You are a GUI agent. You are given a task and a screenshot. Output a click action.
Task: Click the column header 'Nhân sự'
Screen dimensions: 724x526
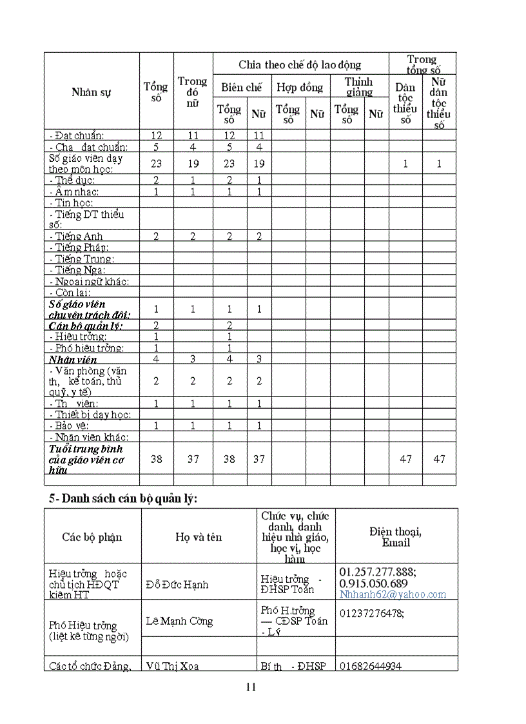(92, 92)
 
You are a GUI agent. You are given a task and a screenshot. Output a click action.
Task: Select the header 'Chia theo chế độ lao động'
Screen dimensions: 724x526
(300, 64)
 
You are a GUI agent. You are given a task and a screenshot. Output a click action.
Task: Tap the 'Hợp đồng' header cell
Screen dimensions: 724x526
(300, 87)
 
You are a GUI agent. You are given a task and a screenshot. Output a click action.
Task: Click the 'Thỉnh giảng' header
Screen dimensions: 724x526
(359, 87)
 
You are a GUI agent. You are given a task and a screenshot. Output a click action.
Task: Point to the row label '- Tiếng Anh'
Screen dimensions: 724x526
(75, 237)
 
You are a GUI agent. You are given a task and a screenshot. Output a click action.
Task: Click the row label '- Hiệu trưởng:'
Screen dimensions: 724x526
(80, 337)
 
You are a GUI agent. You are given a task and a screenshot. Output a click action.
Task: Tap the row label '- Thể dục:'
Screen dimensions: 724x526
(72, 181)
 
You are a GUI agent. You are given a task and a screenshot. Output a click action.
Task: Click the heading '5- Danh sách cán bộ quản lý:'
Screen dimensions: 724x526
(123, 498)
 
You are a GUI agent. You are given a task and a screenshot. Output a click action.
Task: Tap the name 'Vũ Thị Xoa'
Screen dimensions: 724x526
(172, 666)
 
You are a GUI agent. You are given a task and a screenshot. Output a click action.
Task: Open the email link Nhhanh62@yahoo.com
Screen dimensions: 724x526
(393, 594)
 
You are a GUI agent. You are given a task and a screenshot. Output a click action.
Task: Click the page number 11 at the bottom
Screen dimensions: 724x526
(251, 687)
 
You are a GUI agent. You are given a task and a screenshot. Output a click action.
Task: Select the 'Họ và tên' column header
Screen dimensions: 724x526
(199, 537)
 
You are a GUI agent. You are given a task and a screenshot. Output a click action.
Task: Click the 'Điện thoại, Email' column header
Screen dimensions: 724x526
(396, 536)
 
